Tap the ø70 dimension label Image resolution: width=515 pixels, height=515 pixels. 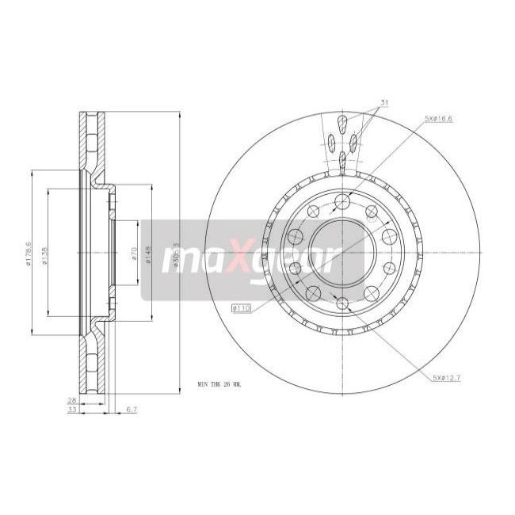click(x=135, y=255)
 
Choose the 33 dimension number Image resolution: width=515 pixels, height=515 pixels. click(x=72, y=411)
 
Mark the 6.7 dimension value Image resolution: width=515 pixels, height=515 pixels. click(x=132, y=411)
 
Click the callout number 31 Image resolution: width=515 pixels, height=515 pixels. click(x=383, y=104)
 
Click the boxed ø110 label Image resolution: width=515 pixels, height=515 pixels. click(x=240, y=307)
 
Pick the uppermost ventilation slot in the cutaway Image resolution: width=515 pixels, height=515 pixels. click(x=341, y=122)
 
